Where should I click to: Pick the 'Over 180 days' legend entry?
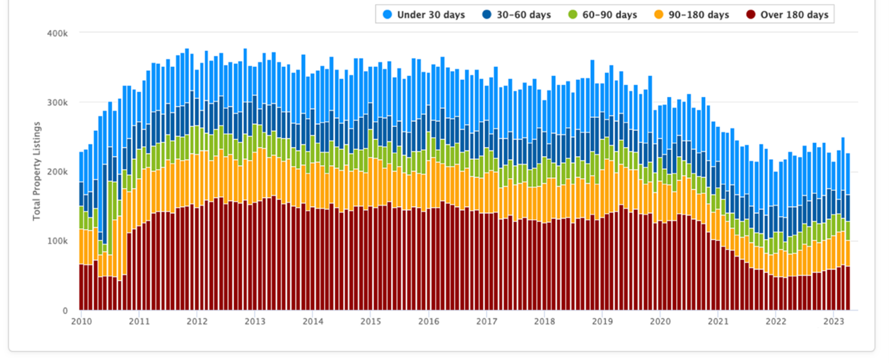(x=794, y=15)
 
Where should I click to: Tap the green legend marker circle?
(x=572, y=15)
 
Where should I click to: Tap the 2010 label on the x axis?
(x=81, y=321)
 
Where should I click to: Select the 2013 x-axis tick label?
(x=255, y=321)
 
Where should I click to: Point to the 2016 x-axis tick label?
(x=428, y=321)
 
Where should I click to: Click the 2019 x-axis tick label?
(x=602, y=321)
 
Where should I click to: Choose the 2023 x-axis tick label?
(x=834, y=321)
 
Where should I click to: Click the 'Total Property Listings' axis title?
(x=37, y=171)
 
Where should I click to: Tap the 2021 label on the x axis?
(x=718, y=321)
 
